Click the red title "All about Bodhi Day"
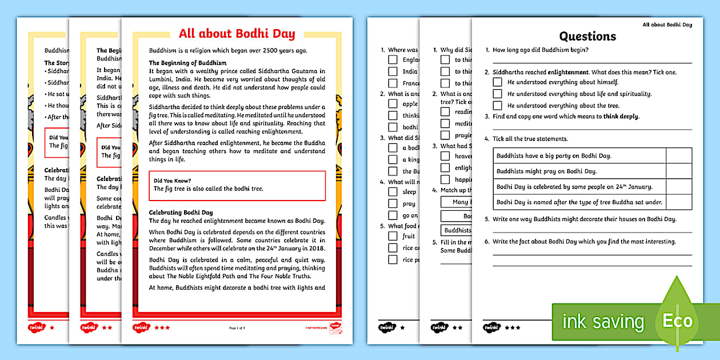coord(237,34)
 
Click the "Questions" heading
coord(587,37)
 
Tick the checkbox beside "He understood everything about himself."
coord(497,82)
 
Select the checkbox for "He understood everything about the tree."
coord(497,106)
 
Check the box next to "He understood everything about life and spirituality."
coord(497,94)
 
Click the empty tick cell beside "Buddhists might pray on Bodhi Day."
coord(679,171)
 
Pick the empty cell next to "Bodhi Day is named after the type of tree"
coord(679,202)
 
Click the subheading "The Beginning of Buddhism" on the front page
coord(187,63)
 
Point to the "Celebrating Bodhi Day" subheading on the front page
coord(181,213)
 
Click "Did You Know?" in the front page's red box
coord(172,181)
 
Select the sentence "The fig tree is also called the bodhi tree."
coord(209,189)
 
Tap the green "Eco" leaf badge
coord(677,320)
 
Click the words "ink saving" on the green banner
coord(602,322)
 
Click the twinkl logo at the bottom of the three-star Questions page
coord(491,327)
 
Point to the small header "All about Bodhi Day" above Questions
coord(667,25)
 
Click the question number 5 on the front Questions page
coord(486,219)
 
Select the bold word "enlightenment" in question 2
coord(568,73)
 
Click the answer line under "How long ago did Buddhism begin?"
coord(591,62)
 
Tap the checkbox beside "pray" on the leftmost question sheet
coord(393,204)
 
